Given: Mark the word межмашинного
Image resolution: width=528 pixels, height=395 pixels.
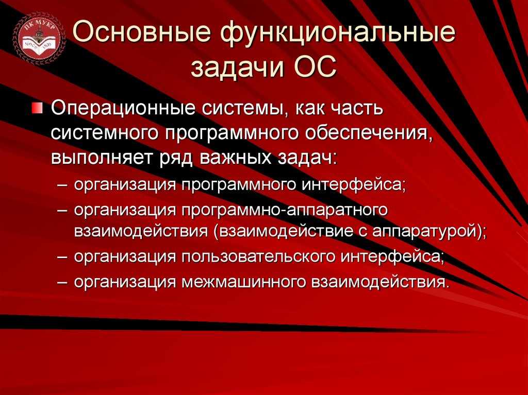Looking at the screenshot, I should tap(242, 282).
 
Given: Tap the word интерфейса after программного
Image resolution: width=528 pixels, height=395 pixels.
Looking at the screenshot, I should tap(351, 185).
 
